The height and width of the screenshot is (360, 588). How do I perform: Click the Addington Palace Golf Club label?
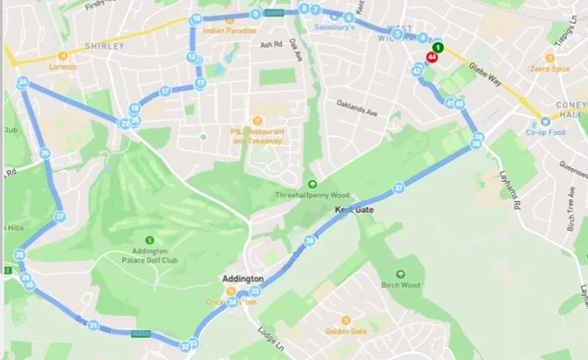point(161,262)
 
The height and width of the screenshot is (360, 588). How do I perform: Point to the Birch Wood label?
point(401,285)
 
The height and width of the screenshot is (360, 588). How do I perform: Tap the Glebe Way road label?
point(497,79)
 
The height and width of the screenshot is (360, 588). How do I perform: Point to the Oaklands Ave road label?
point(356,102)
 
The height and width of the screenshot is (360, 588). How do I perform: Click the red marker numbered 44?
point(431,56)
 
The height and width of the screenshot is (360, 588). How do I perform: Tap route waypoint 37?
point(399,187)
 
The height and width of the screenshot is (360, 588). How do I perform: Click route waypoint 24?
point(22,83)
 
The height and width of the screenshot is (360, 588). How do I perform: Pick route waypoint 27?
point(60,217)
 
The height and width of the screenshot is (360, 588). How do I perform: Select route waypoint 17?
point(165,91)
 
